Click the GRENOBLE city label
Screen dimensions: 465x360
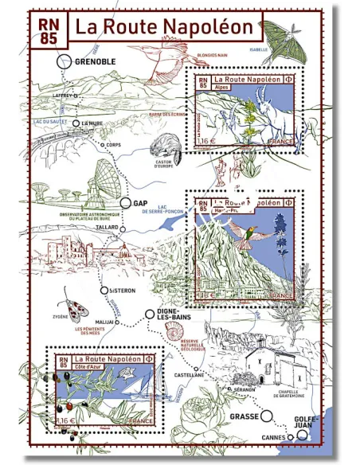point(95,61)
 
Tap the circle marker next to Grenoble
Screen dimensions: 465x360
point(64,61)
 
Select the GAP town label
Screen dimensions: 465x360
point(141,203)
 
